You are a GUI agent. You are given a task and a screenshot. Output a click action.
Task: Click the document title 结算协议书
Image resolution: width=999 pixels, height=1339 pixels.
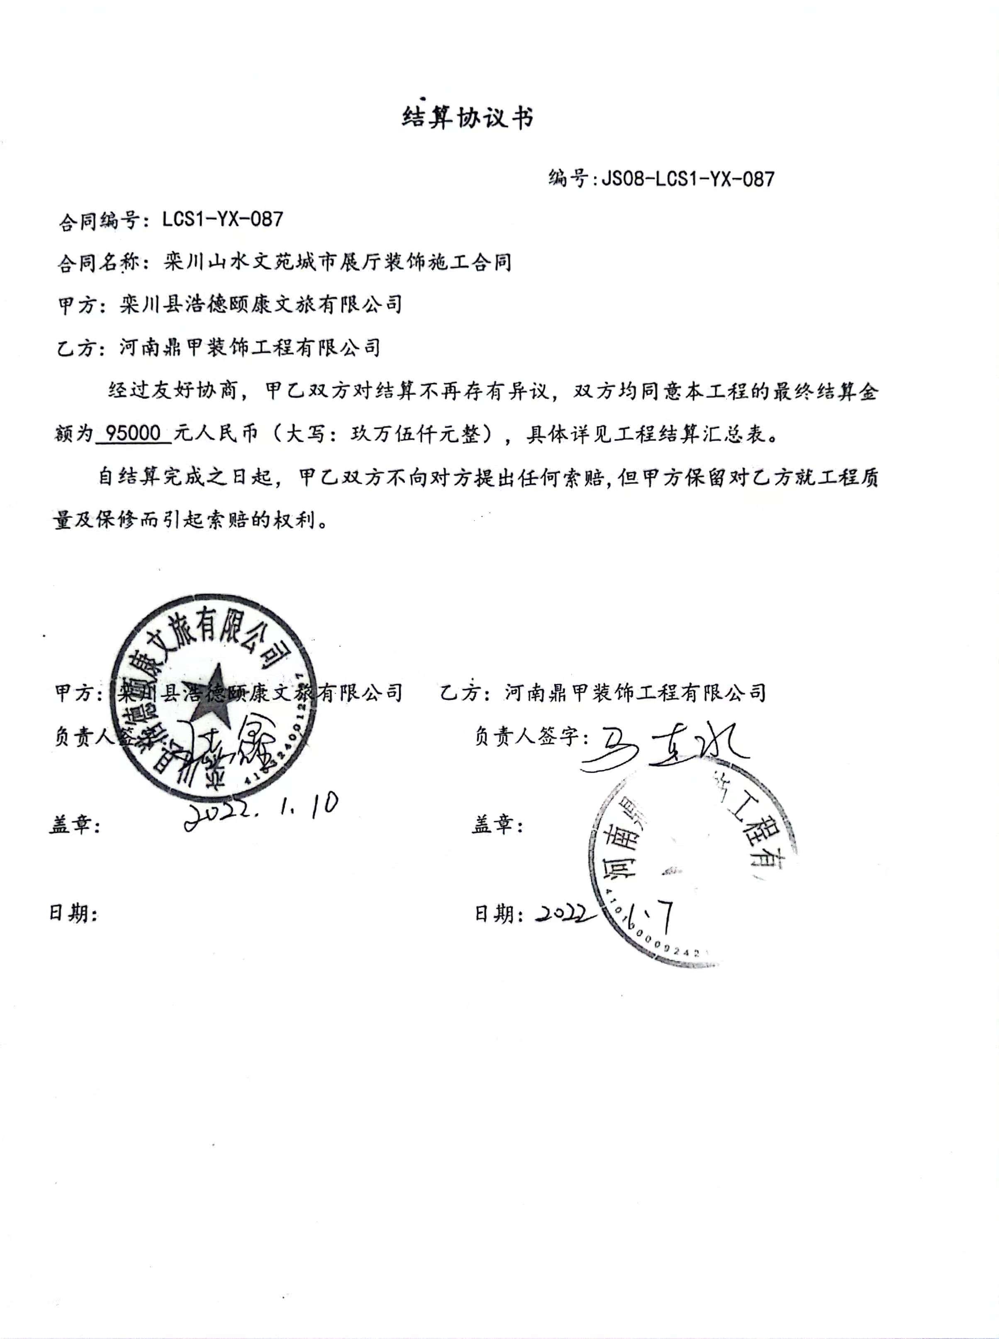(x=468, y=117)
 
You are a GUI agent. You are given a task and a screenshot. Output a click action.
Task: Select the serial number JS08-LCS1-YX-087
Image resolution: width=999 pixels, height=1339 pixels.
(x=687, y=179)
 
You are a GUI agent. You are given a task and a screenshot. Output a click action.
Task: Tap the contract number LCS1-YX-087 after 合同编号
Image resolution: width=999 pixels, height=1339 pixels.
(x=222, y=219)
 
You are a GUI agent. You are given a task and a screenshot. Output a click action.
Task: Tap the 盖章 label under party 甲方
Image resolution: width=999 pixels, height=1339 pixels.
(x=74, y=825)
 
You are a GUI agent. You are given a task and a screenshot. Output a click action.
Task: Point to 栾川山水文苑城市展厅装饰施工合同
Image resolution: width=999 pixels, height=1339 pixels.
(x=338, y=262)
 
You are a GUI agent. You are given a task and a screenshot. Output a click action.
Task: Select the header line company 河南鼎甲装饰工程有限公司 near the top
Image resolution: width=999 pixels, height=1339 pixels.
(x=250, y=347)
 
